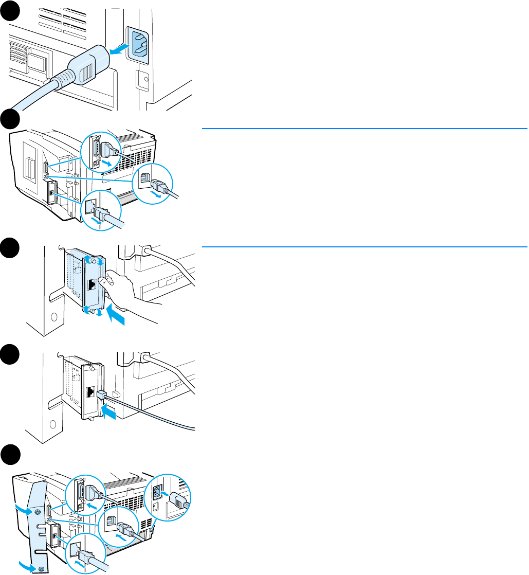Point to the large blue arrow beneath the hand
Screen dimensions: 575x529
tap(116, 318)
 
